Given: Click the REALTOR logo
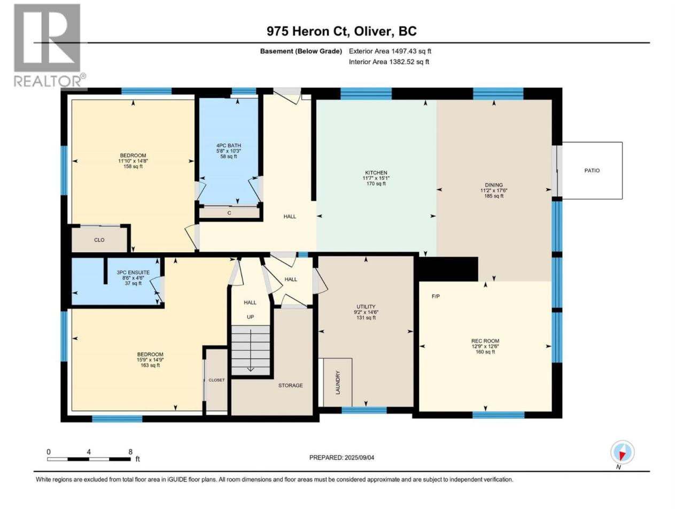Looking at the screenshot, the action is point(49,45).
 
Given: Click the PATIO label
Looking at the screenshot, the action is point(592,170).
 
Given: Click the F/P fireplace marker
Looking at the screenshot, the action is point(436,296).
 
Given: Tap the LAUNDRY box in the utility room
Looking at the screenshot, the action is point(338,382).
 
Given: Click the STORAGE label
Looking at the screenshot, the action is point(290,385).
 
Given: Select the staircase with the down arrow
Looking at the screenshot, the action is point(251,350).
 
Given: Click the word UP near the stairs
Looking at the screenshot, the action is point(250,317).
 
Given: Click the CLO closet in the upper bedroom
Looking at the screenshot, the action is point(99,240).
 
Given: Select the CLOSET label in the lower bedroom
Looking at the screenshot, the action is point(216,380).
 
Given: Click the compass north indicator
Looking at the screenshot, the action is point(623,453).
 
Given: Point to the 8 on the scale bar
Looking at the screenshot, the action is point(130,452).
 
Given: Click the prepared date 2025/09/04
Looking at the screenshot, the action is point(359,457).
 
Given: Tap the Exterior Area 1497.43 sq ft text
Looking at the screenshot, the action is point(390,51).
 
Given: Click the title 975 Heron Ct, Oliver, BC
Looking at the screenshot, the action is point(341,31).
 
